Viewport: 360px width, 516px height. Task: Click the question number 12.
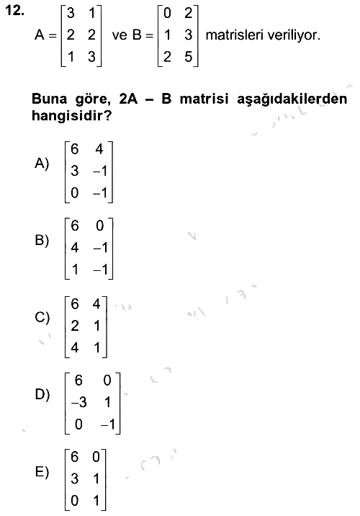click(15, 11)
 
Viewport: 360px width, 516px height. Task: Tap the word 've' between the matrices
click(120, 35)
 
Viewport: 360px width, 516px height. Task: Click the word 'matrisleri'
click(230, 35)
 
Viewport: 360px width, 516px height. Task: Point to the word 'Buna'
click(49, 99)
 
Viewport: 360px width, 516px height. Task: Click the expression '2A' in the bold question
click(128, 99)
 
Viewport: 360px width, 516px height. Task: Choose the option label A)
click(42, 163)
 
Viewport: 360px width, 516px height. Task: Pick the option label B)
click(42, 240)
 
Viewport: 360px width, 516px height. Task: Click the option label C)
click(42, 317)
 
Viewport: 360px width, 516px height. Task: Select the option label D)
click(42, 394)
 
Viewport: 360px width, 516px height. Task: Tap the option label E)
click(42, 472)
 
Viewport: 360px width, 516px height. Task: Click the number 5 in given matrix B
click(188, 57)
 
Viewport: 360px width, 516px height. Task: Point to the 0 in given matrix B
click(167, 13)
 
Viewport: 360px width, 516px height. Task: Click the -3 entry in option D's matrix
click(79, 402)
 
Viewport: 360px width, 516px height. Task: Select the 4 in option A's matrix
click(99, 149)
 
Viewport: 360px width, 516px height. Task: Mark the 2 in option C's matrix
click(75, 326)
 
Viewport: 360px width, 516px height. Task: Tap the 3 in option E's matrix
click(75, 479)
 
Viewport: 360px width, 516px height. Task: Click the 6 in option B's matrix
click(75, 226)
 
